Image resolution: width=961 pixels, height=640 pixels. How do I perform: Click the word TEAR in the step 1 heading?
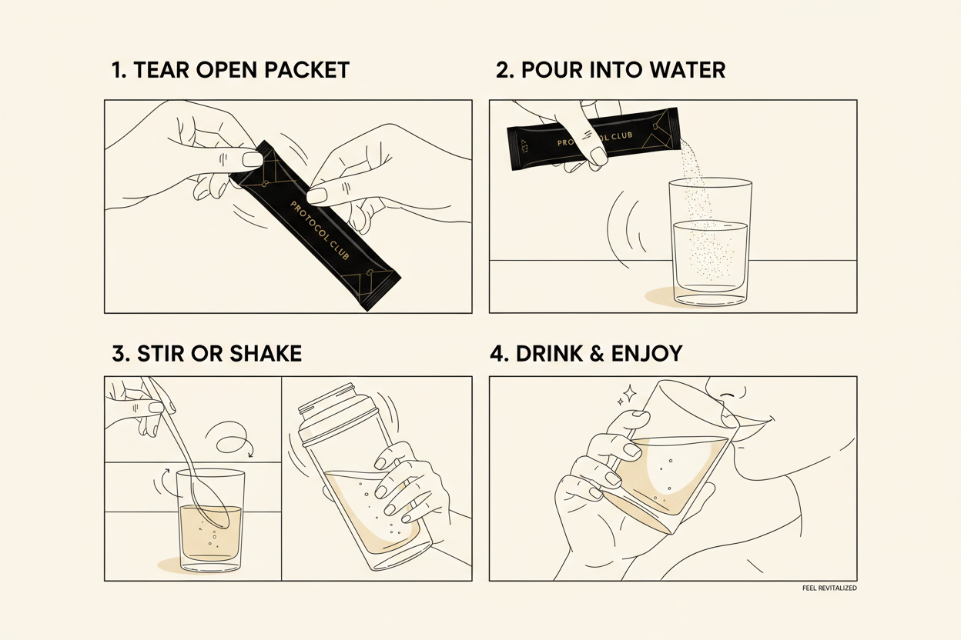tap(161, 70)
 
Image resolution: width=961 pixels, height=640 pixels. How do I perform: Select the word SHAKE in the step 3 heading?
tap(266, 353)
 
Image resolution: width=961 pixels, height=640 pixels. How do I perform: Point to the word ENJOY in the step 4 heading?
tap(647, 353)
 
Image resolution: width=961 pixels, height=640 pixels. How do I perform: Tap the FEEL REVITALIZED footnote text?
tap(829, 588)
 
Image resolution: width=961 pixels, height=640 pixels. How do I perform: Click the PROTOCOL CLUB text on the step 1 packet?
tap(320, 230)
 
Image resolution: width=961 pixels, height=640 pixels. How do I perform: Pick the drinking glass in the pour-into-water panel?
tap(710, 242)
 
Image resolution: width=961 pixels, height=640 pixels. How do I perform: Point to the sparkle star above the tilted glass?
tap(629, 393)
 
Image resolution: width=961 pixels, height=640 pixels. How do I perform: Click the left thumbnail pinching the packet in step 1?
tap(253, 160)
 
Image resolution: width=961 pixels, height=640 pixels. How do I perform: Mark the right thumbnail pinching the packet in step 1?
tap(317, 195)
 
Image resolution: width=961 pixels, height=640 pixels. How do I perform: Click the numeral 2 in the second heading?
tap(504, 70)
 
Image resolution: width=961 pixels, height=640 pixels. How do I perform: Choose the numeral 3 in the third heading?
tap(119, 353)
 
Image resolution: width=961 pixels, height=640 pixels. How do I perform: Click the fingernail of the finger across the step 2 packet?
tap(598, 155)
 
